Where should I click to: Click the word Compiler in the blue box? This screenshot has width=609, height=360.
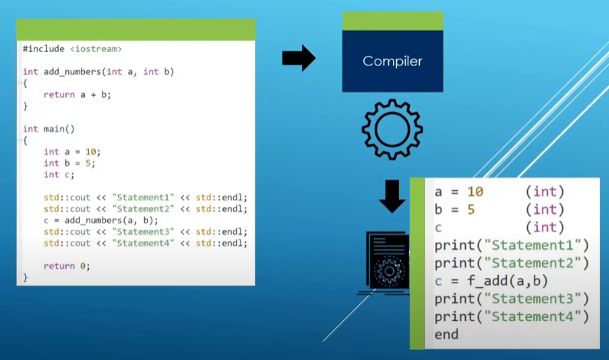click(392, 61)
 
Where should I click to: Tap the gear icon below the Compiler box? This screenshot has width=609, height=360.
click(391, 129)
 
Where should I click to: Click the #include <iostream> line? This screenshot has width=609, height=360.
click(72, 48)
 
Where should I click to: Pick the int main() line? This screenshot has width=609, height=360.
click(49, 129)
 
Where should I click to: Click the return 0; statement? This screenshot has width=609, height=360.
click(67, 266)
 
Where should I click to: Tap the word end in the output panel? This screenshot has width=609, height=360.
click(447, 334)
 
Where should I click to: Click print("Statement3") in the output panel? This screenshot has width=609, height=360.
click(511, 298)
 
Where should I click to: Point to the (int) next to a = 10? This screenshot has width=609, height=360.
click(545, 191)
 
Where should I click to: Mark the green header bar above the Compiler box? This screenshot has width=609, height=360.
click(392, 21)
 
